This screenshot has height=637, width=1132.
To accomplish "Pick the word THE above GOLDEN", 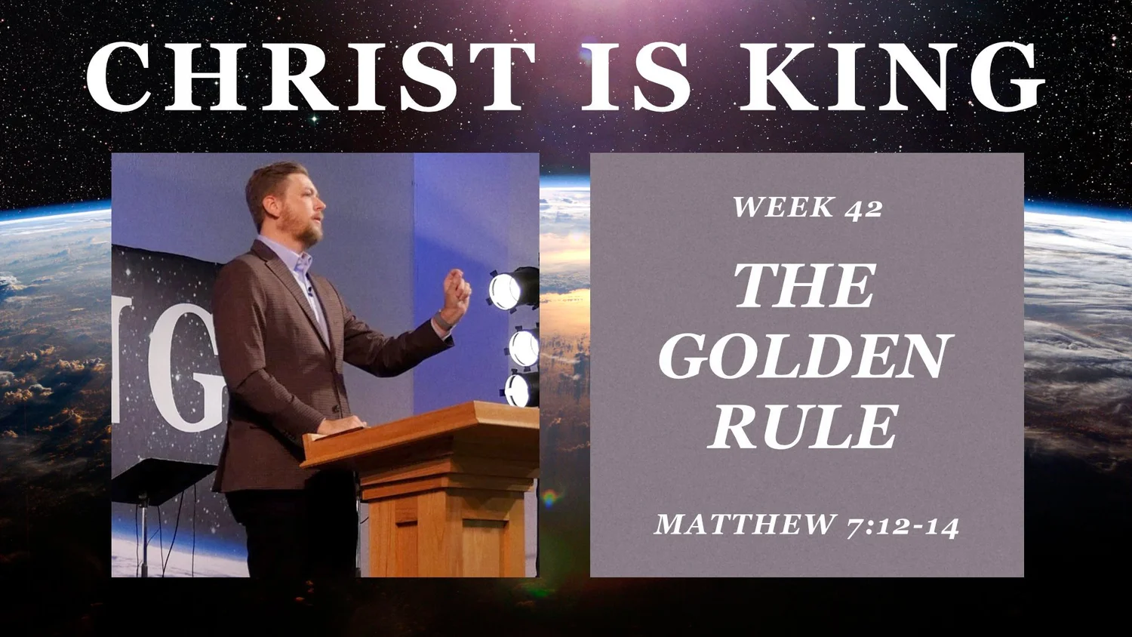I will [804, 286].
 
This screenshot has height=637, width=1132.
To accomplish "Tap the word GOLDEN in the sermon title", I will [806, 356].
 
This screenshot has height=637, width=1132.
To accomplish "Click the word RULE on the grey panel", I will [804, 426].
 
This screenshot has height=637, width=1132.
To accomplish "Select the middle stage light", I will [524, 348].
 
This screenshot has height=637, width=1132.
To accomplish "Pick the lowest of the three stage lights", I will [520, 390].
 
